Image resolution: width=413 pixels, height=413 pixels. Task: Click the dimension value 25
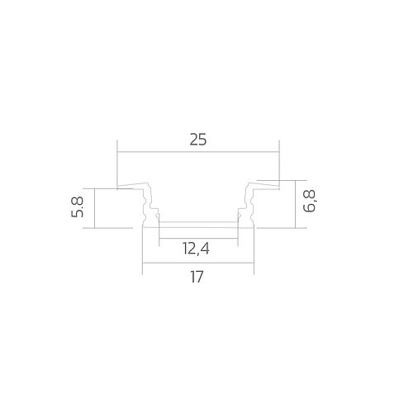[x=197, y=140]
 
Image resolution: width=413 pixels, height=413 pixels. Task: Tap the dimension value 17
[x=197, y=278]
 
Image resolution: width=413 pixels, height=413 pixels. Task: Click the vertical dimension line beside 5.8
[x=96, y=206]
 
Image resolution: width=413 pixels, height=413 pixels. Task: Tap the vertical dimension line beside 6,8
[x=296, y=202]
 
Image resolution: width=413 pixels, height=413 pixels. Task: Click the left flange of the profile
[x=132, y=188]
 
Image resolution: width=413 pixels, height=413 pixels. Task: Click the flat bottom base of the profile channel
[x=198, y=224]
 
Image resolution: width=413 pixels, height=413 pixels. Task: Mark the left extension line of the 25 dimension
[x=117, y=165]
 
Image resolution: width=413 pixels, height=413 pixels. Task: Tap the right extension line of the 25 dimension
[x=279, y=161]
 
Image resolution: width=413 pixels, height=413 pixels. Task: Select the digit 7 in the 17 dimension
[x=202, y=278]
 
